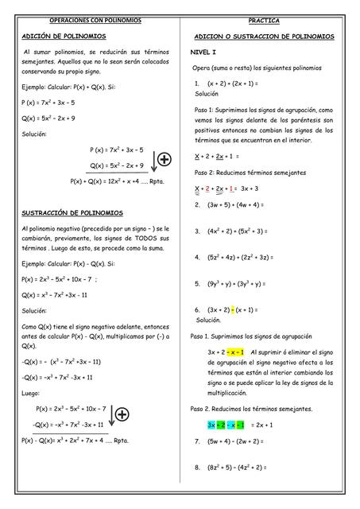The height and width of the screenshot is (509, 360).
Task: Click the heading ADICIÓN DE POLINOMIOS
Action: (64, 37)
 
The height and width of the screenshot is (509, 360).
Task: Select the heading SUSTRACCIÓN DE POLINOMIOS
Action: (72, 213)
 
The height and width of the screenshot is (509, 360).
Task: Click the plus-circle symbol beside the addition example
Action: (164, 159)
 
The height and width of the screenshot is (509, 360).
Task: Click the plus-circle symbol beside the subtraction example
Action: (122, 414)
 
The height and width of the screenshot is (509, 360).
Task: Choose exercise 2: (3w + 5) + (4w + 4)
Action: (235, 205)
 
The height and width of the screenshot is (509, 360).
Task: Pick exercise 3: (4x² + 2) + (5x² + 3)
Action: (240, 231)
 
